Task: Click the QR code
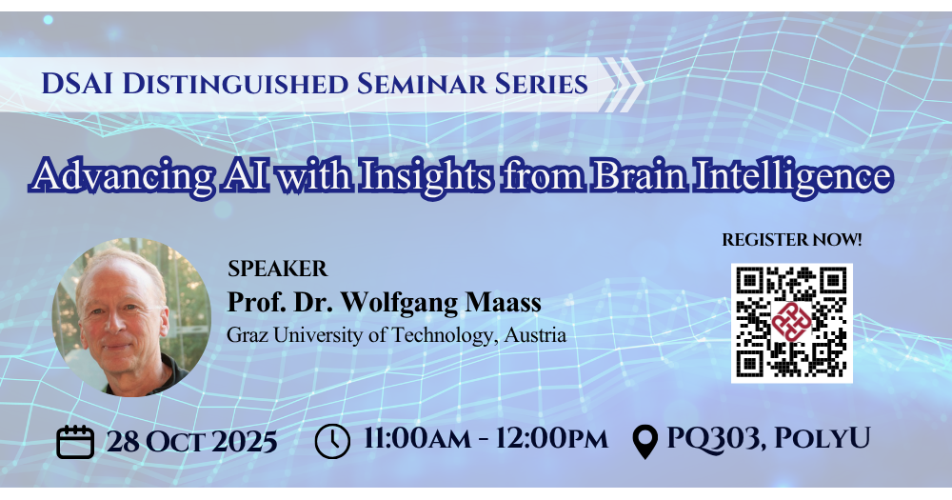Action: click(792, 323)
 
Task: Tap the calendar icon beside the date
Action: click(75, 442)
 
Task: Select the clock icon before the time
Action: click(332, 441)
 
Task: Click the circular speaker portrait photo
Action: click(131, 317)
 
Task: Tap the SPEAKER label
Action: click(277, 269)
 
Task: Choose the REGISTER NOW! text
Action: click(792, 240)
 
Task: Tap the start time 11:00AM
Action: click(417, 439)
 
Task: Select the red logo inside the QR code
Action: click(792, 322)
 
